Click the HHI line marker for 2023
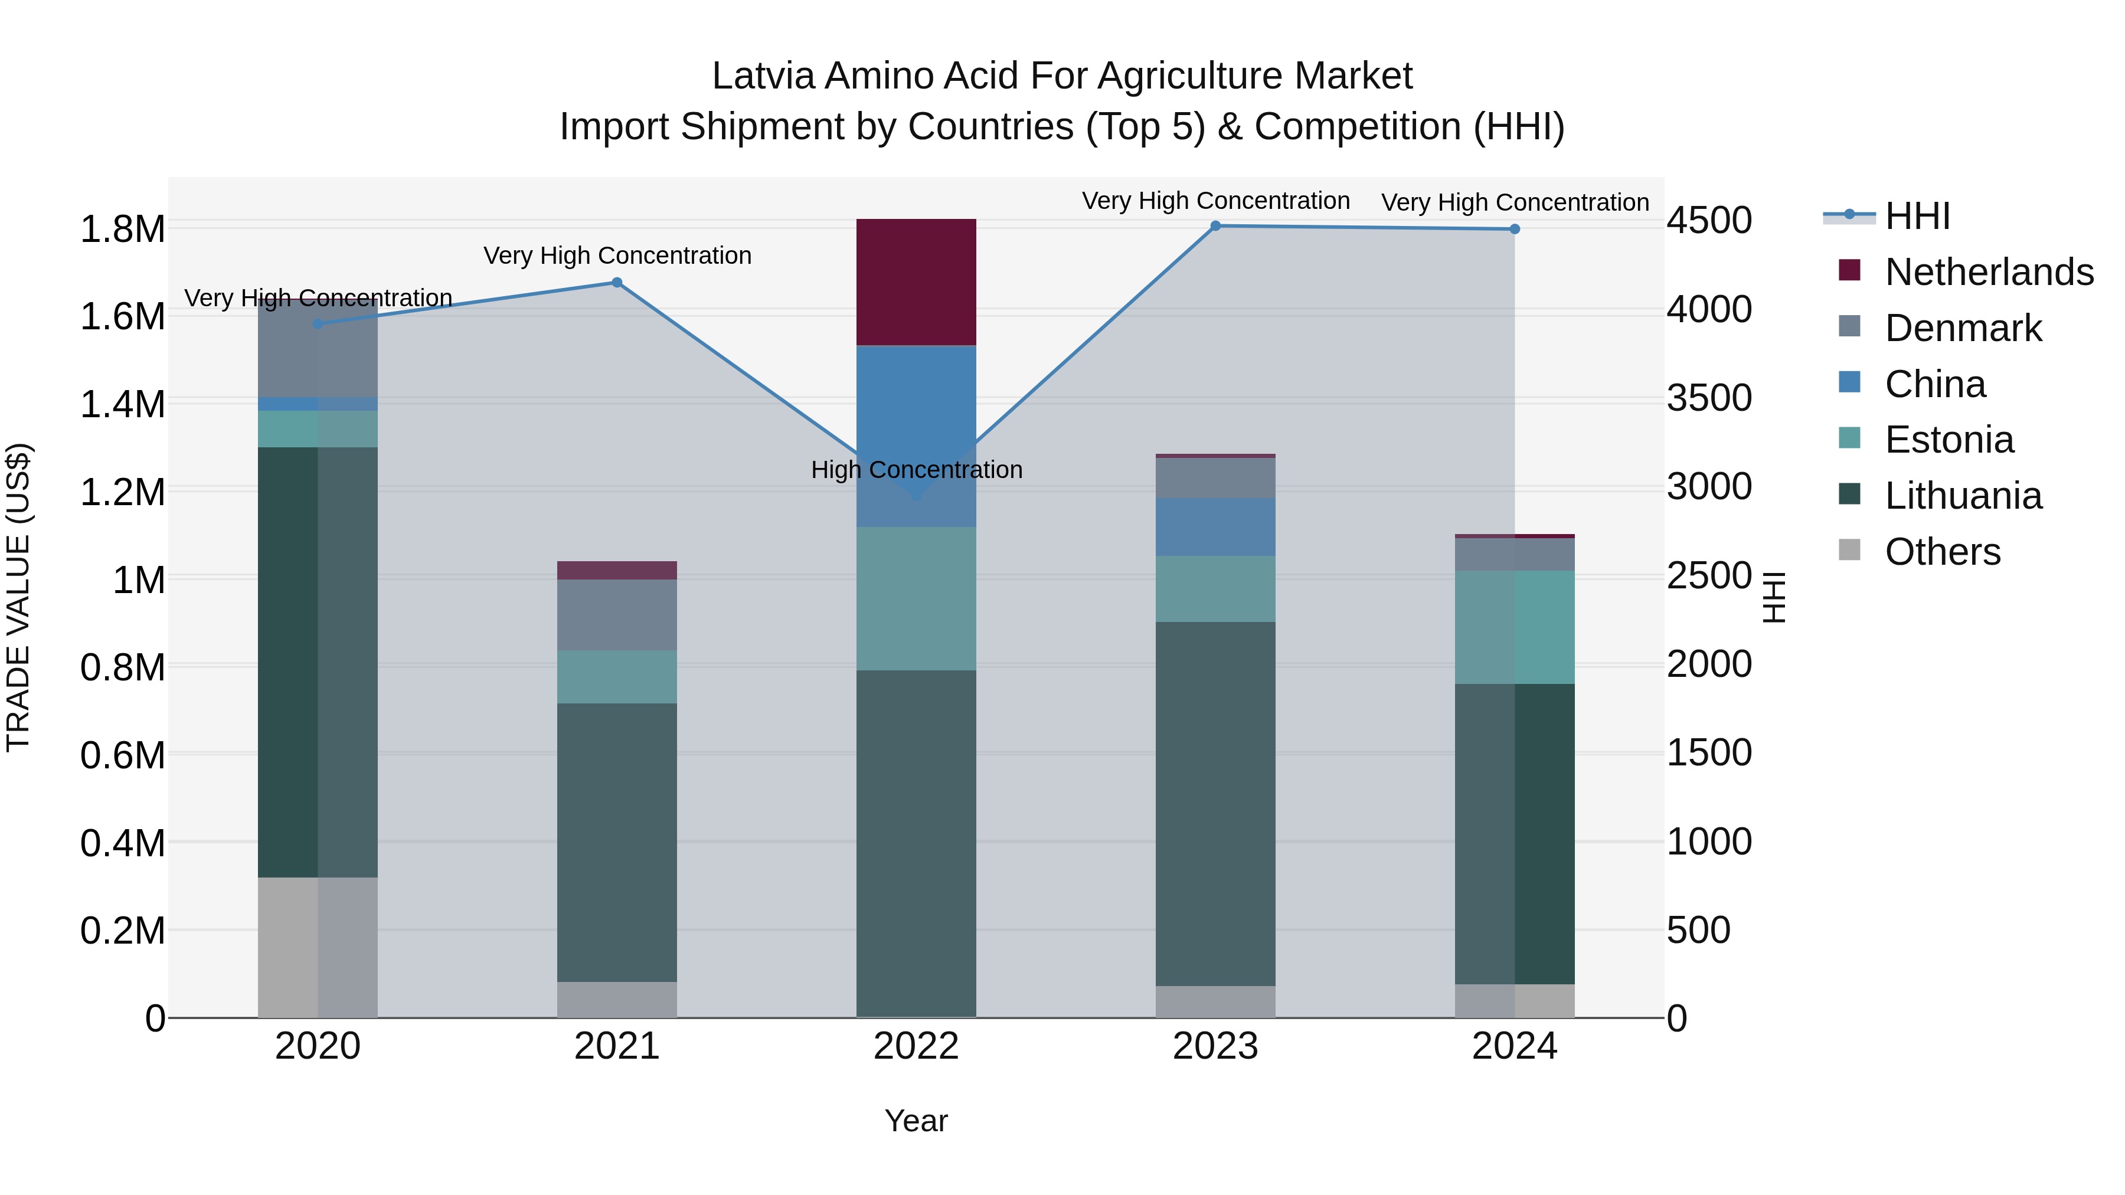pos(1215,226)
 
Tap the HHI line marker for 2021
pos(616,283)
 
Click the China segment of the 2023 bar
pos(1215,527)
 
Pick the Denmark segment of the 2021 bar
pos(616,615)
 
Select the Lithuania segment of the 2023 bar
pos(1215,804)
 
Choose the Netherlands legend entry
pos(1988,272)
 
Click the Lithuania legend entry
pos(1963,496)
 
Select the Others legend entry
pos(1942,552)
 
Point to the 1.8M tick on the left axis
pos(122,230)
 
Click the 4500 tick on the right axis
pos(1708,221)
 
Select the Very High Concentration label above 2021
pos(616,256)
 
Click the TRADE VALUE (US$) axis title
pos(18,597)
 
